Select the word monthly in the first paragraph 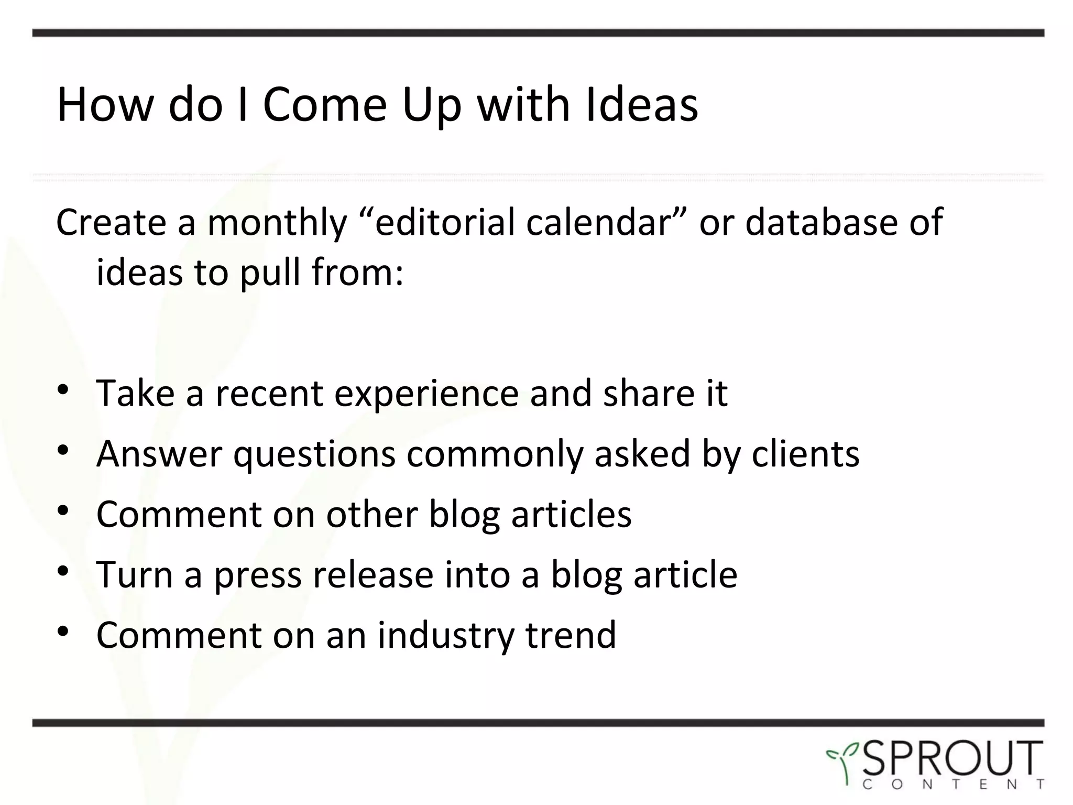pos(277,223)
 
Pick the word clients pos(806,454)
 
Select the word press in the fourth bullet pos(259,575)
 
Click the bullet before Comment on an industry pos(63,632)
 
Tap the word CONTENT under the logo pos(952,785)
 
